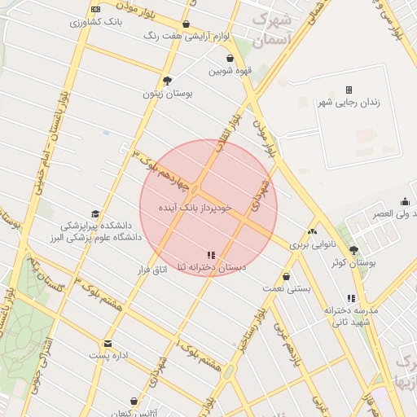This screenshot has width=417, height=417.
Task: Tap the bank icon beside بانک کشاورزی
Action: click(97, 9)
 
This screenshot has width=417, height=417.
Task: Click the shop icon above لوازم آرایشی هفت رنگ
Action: click(187, 24)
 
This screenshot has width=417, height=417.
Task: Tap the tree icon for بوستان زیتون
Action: click(167, 81)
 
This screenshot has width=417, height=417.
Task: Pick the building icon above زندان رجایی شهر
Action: click(349, 90)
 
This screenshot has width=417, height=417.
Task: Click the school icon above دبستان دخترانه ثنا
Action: click(212, 255)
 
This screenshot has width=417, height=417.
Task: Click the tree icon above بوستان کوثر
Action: click(353, 250)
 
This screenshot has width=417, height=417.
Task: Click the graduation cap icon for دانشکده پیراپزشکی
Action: click(95, 213)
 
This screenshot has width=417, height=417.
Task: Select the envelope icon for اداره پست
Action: click(108, 344)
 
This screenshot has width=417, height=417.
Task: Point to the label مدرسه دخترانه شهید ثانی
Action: click(351, 317)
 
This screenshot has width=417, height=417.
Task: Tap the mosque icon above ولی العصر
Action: click(405, 201)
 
